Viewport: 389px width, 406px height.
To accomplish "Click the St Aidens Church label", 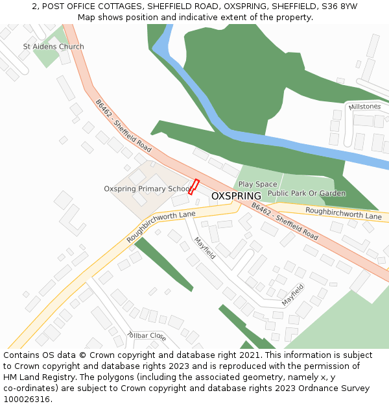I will point(53,47).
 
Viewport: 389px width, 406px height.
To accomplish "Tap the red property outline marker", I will point(193,186).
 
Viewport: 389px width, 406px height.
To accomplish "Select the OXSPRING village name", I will point(236,196).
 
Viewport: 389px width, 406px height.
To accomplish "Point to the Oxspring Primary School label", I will point(147,189).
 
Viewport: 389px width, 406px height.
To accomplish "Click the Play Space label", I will point(257,184).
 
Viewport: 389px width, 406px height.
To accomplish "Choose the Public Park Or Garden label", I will point(307,193).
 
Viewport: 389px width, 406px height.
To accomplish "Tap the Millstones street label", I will point(364,107).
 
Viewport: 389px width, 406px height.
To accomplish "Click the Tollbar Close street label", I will point(147,336).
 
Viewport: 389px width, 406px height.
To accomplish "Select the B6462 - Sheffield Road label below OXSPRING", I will point(285,222).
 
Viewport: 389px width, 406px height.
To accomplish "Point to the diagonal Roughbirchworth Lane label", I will point(161,227).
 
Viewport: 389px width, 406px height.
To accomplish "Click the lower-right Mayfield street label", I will point(292,296).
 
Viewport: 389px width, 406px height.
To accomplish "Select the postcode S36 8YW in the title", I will point(340,6).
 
